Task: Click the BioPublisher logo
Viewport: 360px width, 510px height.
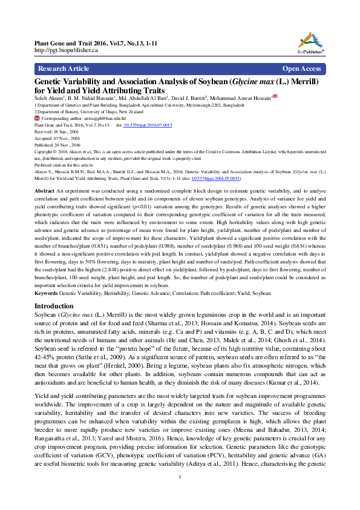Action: click(310, 41)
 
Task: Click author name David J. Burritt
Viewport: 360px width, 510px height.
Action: click(185, 98)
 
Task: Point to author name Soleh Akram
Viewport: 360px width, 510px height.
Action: click(49, 98)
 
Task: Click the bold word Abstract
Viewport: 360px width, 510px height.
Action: click(45, 190)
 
